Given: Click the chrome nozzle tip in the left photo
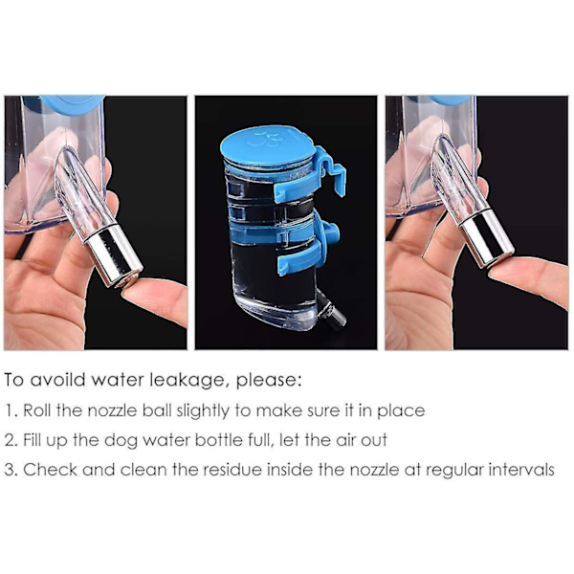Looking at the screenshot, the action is [114, 255].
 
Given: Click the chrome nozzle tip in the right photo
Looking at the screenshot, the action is [488, 237].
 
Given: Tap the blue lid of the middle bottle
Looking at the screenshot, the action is [267, 145].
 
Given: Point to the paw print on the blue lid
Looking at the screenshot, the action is [264, 138].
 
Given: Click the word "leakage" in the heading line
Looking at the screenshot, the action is [188, 381].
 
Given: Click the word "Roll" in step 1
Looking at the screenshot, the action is [37, 410].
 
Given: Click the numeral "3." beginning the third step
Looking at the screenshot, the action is [11, 470].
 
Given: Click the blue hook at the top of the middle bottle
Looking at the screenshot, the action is [329, 168].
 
